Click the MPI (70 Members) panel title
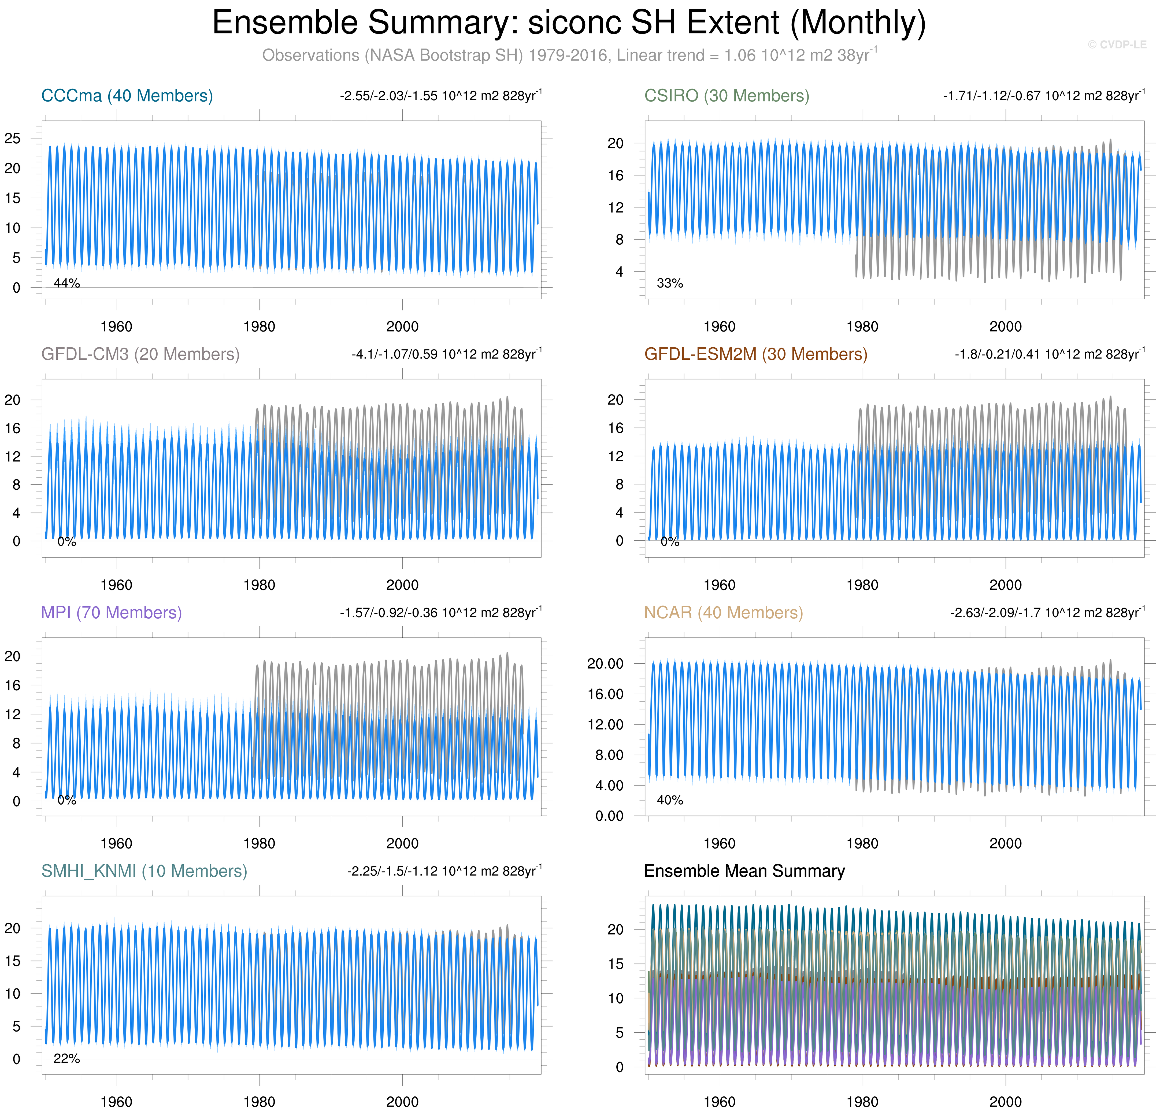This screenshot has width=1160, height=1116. [111, 612]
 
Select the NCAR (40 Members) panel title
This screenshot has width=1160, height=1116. [723, 612]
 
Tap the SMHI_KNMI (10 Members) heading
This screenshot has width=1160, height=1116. [144, 871]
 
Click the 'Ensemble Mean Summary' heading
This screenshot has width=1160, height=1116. [744, 871]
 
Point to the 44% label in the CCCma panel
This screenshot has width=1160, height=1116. [67, 284]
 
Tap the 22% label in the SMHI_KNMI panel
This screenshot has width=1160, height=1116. [67, 1059]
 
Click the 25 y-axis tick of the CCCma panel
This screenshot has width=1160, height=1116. [12, 139]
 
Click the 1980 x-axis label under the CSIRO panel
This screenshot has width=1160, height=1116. [862, 327]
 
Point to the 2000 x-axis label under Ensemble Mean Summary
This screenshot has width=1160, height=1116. [1006, 1102]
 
